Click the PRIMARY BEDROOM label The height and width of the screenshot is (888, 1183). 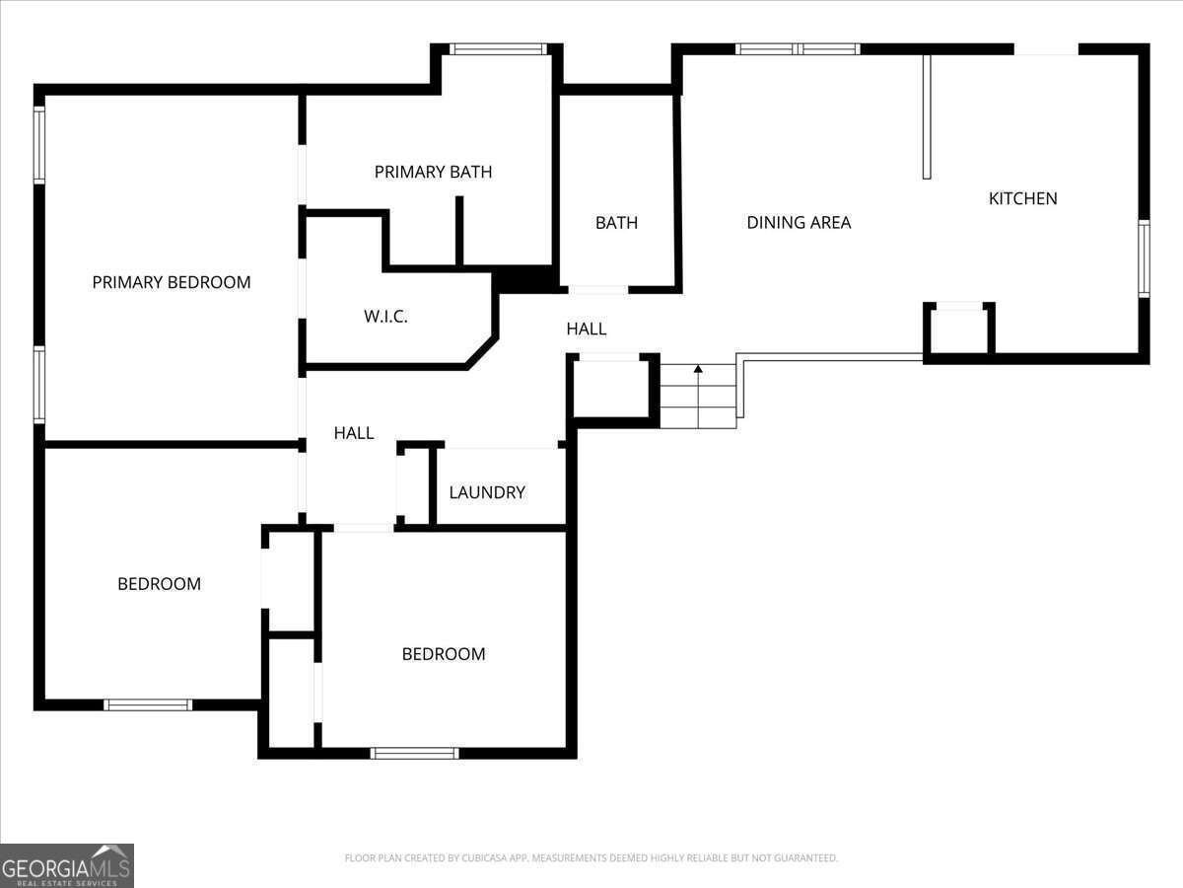tap(172, 282)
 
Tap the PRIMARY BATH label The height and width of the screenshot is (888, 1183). tap(433, 172)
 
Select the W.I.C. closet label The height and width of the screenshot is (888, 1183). tap(385, 317)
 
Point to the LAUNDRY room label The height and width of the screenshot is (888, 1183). tap(487, 492)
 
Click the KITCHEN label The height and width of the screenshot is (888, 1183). tap(1022, 198)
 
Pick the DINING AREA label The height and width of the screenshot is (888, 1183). tap(799, 222)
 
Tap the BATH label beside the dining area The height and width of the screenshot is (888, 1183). tap(616, 223)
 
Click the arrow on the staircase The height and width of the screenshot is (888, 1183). tap(698, 370)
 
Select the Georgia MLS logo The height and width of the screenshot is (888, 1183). tap(67, 865)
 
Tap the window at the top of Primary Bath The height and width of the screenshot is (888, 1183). tap(498, 48)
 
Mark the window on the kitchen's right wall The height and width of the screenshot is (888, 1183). tap(1144, 259)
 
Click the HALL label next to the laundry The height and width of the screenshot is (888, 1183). tap(353, 432)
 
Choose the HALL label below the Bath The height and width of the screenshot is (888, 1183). tap(586, 329)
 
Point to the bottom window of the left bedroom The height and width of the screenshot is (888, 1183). tap(148, 704)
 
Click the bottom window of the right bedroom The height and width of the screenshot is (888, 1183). tap(414, 753)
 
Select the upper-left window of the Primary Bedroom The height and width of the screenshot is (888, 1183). tap(39, 145)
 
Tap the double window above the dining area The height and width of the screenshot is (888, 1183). tap(798, 48)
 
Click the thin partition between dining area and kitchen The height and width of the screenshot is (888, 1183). tap(927, 116)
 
